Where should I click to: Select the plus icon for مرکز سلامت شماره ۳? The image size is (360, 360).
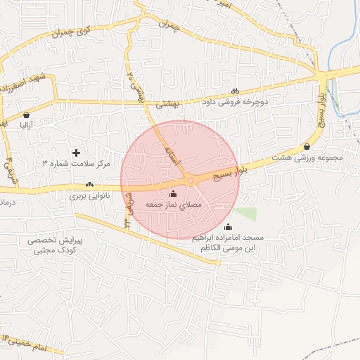(x=77, y=153)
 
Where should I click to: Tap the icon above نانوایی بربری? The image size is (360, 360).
(x=89, y=185)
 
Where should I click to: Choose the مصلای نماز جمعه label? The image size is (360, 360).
(x=174, y=204)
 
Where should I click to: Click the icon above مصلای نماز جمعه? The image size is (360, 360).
(x=174, y=193)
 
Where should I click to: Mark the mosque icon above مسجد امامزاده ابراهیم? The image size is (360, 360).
(x=227, y=226)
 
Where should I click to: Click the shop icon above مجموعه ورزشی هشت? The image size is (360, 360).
(x=307, y=146)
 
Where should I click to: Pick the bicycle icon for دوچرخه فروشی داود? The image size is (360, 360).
(x=236, y=91)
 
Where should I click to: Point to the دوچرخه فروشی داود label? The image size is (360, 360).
(x=237, y=102)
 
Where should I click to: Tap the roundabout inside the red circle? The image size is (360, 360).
(x=191, y=181)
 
